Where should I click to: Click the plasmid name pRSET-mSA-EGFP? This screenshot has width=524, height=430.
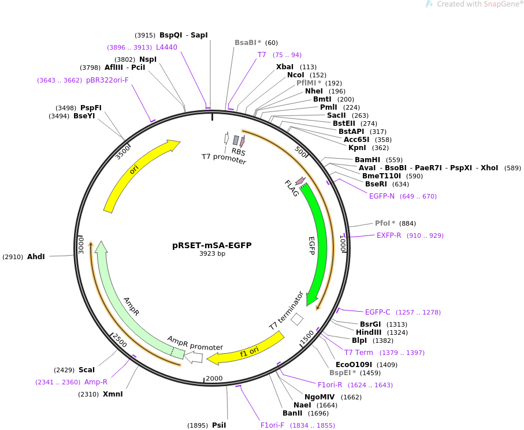coord(211,245)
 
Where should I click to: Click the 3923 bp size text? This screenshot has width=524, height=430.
coord(212,253)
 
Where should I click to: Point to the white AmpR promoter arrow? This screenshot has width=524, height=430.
coord(194,357)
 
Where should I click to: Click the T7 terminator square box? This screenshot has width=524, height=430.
coord(297,319)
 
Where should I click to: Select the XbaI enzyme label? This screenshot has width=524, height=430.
coord(285,67)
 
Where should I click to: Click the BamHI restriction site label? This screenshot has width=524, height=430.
coord(367,160)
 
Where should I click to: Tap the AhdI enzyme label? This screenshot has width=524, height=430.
coord(36,256)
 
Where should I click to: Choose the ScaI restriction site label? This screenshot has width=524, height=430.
coord(86,369)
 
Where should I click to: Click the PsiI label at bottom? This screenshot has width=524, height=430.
coord(219,425)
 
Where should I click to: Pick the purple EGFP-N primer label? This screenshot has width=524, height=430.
coord(382,196)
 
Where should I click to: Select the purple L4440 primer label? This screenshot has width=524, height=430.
coord(166,47)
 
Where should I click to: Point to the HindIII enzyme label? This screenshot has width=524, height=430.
coord(369,332)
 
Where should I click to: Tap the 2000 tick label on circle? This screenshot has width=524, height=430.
coord(214,378)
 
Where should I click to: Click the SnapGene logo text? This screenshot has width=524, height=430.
coord(479,5)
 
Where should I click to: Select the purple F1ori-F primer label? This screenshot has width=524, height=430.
coord(272,425)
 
